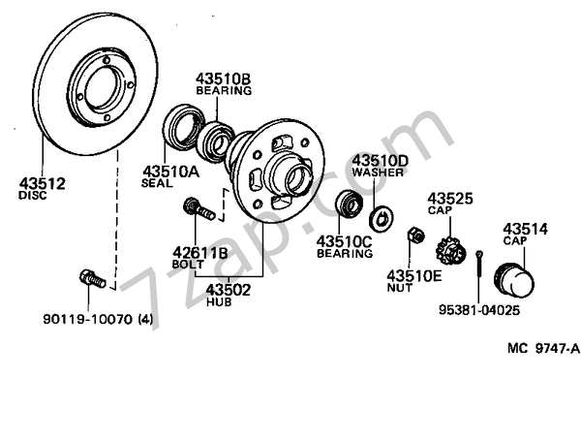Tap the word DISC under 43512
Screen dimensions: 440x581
click(32, 195)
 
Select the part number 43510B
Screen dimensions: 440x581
click(223, 78)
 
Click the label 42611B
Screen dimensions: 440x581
click(200, 252)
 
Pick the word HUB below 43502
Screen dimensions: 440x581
click(220, 301)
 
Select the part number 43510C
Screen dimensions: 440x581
click(344, 240)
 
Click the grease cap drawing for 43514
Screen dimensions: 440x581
click(514, 280)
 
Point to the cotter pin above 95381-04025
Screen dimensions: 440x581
click(480, 265)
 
